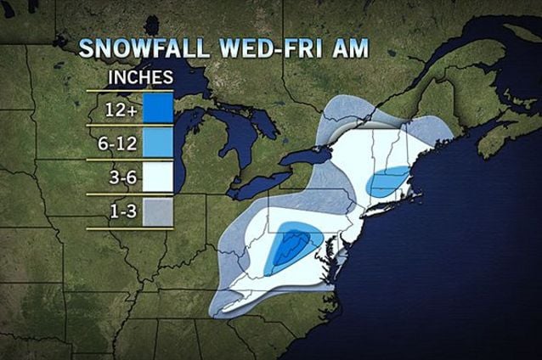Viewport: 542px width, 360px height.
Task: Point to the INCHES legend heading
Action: [141, 77]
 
